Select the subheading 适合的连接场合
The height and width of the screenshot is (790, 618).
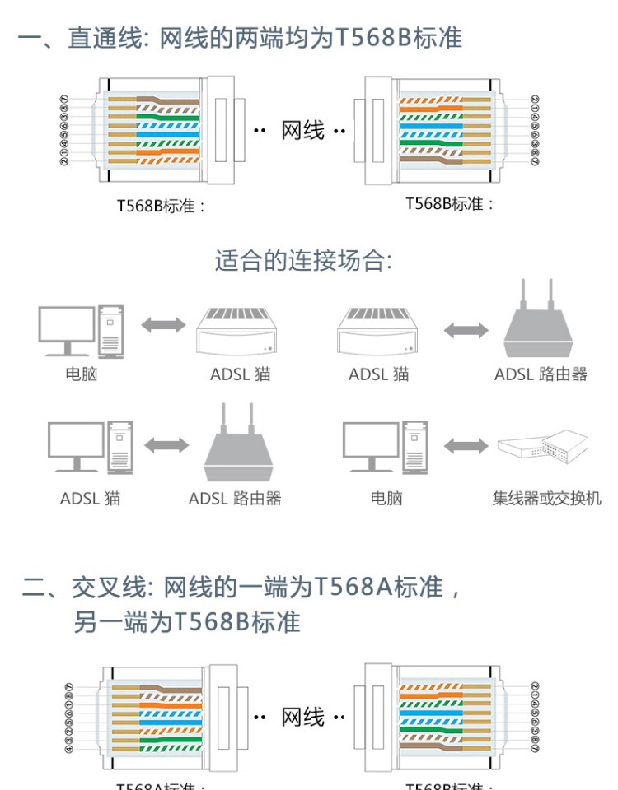(x=302, y=261)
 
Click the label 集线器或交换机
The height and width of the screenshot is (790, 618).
(x=546, y=498)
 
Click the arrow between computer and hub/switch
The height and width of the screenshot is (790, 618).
(x=466, y=446)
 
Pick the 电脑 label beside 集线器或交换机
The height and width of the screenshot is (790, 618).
(x=386, y=498)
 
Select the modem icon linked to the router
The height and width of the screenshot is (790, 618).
(x=377, y=331)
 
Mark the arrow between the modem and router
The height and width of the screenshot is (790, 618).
(x=466, y=331)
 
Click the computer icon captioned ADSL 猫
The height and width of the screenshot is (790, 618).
(x=90, y=446)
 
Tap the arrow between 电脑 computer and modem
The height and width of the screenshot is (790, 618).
(x=163, y=324)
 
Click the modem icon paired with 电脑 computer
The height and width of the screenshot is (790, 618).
(x=237, y=331)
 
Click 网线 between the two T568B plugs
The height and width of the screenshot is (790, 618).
(x=302, y=131)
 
